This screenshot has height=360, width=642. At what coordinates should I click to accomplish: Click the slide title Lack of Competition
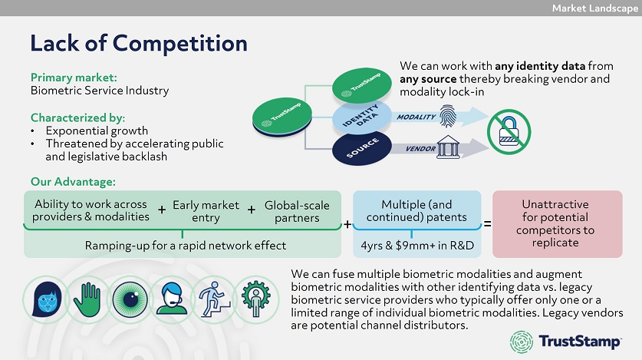(139, 42)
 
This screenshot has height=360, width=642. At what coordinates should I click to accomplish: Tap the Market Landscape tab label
(594, 8)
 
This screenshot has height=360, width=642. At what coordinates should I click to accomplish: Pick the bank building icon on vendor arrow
(448, 148)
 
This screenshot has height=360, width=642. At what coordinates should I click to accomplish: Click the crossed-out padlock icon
(509, 133)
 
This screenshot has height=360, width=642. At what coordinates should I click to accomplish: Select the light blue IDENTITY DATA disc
(363, 119)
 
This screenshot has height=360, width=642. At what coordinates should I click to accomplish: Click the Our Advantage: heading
(74, 182)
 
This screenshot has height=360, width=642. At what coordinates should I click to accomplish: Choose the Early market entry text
(206, 211)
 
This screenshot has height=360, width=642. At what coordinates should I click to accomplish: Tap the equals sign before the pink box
(487, 224)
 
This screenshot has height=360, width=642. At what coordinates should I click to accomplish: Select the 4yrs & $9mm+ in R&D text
(417, 246)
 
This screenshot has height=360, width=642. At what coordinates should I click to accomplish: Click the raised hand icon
(90, 296)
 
